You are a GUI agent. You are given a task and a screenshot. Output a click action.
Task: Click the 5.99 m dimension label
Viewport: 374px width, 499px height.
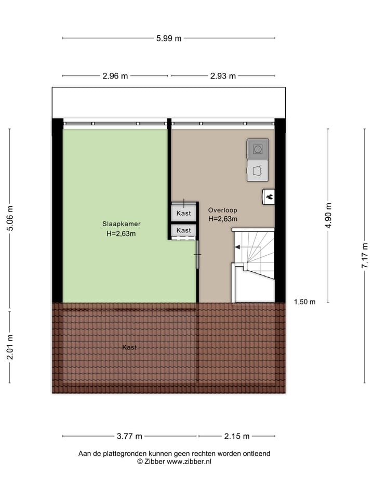pos(169,38)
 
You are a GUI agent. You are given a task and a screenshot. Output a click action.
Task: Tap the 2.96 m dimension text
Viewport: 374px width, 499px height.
pos(115,76)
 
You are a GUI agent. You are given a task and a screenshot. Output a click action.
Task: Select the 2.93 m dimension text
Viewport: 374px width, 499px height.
pos(223,76)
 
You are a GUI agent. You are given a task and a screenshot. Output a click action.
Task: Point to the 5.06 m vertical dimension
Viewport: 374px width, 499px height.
pos(10,218)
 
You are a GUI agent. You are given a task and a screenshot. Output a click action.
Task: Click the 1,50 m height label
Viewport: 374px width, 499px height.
pos(304,302)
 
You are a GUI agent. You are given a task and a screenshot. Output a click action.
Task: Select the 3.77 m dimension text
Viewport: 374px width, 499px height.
pos(129,436)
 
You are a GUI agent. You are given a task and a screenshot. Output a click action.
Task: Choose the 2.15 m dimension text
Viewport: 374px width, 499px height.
pos(237,436)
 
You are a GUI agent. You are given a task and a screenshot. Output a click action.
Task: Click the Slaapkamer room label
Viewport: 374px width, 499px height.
pos(121,224)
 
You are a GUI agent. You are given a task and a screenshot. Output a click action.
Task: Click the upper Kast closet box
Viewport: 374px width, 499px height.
pos(183,213)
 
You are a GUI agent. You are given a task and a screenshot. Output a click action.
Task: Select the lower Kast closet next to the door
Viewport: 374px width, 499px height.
pos(183,230)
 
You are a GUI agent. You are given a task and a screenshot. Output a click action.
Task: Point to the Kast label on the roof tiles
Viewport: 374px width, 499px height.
pos(129,347)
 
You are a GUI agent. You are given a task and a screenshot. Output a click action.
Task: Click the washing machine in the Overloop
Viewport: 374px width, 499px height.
pos(258,149)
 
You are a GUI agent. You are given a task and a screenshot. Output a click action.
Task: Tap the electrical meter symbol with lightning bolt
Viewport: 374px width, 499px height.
pos(269,196)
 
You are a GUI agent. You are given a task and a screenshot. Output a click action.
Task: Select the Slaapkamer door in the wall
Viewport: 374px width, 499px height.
pos(197,254)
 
